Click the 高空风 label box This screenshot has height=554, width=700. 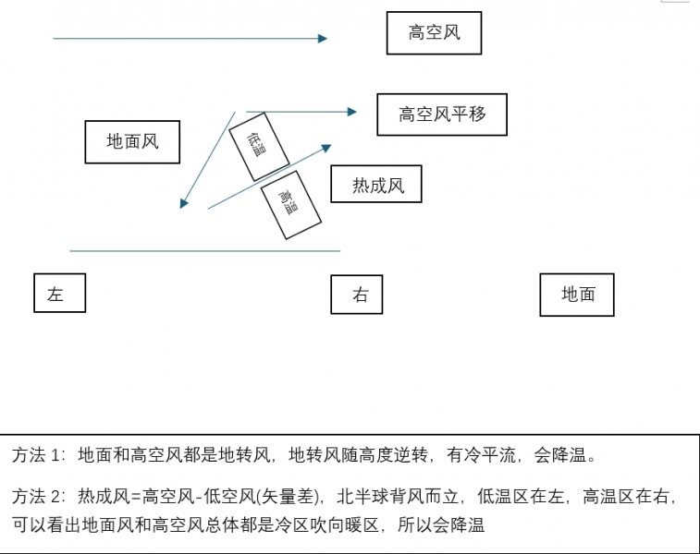coord(434,34)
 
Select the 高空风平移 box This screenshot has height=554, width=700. coord(442,114)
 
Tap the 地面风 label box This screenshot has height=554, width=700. coord(132,142)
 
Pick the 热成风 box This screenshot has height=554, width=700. coord(377,185)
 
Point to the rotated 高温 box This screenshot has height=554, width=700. coord(290,204)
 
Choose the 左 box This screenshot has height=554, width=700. coord(59,294)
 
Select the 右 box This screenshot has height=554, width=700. coord(357,295)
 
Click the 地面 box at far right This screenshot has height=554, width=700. coord(577,295)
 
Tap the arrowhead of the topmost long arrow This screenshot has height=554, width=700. coord(323,39)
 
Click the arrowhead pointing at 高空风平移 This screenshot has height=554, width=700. coord(352,112)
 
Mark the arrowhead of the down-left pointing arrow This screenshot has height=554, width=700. coord(184,203)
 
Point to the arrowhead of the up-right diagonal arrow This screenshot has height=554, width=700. coord(326,146)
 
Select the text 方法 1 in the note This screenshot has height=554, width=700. coord(39,455)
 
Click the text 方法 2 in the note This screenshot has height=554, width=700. coord(39,497)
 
